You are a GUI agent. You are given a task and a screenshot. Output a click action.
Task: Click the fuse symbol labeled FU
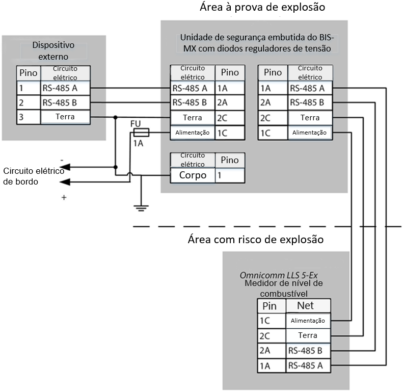click(141, 133)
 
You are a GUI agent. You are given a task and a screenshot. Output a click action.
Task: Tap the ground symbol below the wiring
click(141, 208)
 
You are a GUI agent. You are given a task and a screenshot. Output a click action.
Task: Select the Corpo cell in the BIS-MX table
click(193, 175)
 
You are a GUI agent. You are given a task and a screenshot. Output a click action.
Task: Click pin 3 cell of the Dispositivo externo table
click(29, 117)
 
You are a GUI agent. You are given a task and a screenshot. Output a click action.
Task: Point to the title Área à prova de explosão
click(262, 7)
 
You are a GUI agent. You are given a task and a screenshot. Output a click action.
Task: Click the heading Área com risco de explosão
click(256, 240)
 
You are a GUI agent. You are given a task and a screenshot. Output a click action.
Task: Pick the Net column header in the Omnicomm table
click(308, 306)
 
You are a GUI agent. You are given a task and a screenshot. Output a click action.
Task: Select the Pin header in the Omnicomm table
click(272, 306)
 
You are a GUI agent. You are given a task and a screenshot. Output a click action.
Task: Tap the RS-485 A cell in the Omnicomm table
click(308, 365)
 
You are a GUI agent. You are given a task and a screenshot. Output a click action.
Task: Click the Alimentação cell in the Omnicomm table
click(308, 321)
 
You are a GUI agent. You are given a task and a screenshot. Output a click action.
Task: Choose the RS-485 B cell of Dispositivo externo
click(65, 102)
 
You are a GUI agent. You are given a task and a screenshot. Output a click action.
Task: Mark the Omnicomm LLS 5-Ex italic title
click(279, 275)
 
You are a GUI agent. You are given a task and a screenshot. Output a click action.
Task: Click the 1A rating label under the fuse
click(138, 143)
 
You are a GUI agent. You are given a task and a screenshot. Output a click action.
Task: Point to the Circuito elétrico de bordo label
click(34, 176)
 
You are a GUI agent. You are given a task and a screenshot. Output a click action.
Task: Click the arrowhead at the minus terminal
click(65, 167)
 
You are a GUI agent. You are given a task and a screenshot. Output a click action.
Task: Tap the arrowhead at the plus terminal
click(65, 182)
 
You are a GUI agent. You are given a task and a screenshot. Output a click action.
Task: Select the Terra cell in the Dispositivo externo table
click(65, 117)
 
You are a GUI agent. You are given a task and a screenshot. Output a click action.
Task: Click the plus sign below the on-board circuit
click(64, 198)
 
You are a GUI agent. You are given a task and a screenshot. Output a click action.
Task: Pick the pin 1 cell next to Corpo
click(230, 175)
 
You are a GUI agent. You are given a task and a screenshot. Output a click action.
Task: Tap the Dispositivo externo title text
click(53, 51)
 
